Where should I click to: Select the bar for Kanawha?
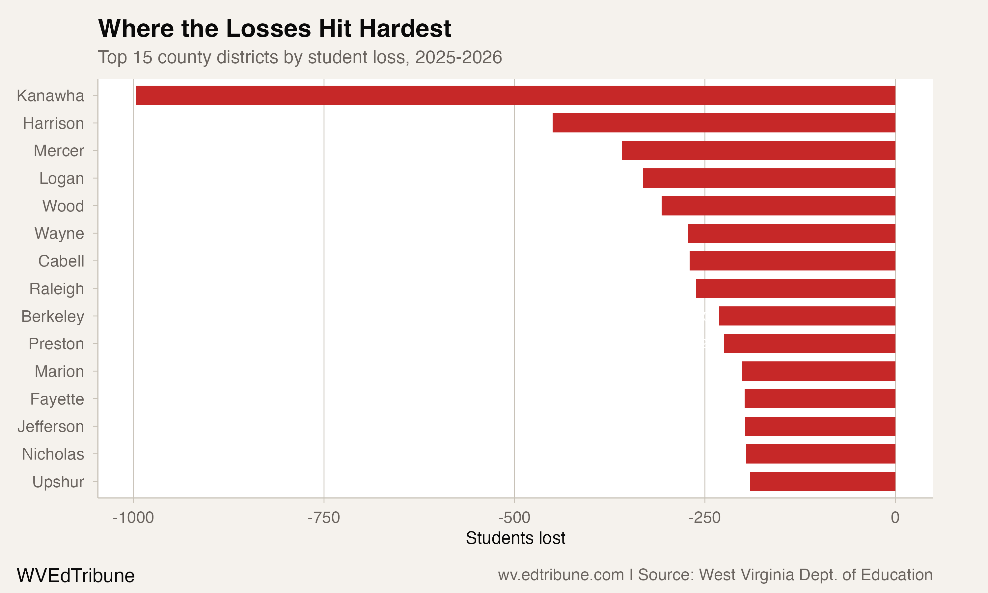point(515,95)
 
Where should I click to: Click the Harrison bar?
point(724,123)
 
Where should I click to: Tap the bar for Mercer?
point(758,151)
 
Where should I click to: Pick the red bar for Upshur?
point(822,482)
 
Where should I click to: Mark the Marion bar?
point(818,371)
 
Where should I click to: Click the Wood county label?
point(63,206)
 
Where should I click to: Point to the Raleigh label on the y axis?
point(57,289)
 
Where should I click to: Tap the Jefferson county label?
point(51,427)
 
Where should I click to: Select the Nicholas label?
point(53,454)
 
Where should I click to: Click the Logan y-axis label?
point(62,179)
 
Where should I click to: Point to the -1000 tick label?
point(133,518)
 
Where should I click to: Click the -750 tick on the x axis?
point(323,518)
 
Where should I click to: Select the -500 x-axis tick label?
point(514,518)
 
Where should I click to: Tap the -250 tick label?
point(704,518)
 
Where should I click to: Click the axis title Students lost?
point(515,538)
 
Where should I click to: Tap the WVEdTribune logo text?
point(75,576)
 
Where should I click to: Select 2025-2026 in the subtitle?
point(458,58)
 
